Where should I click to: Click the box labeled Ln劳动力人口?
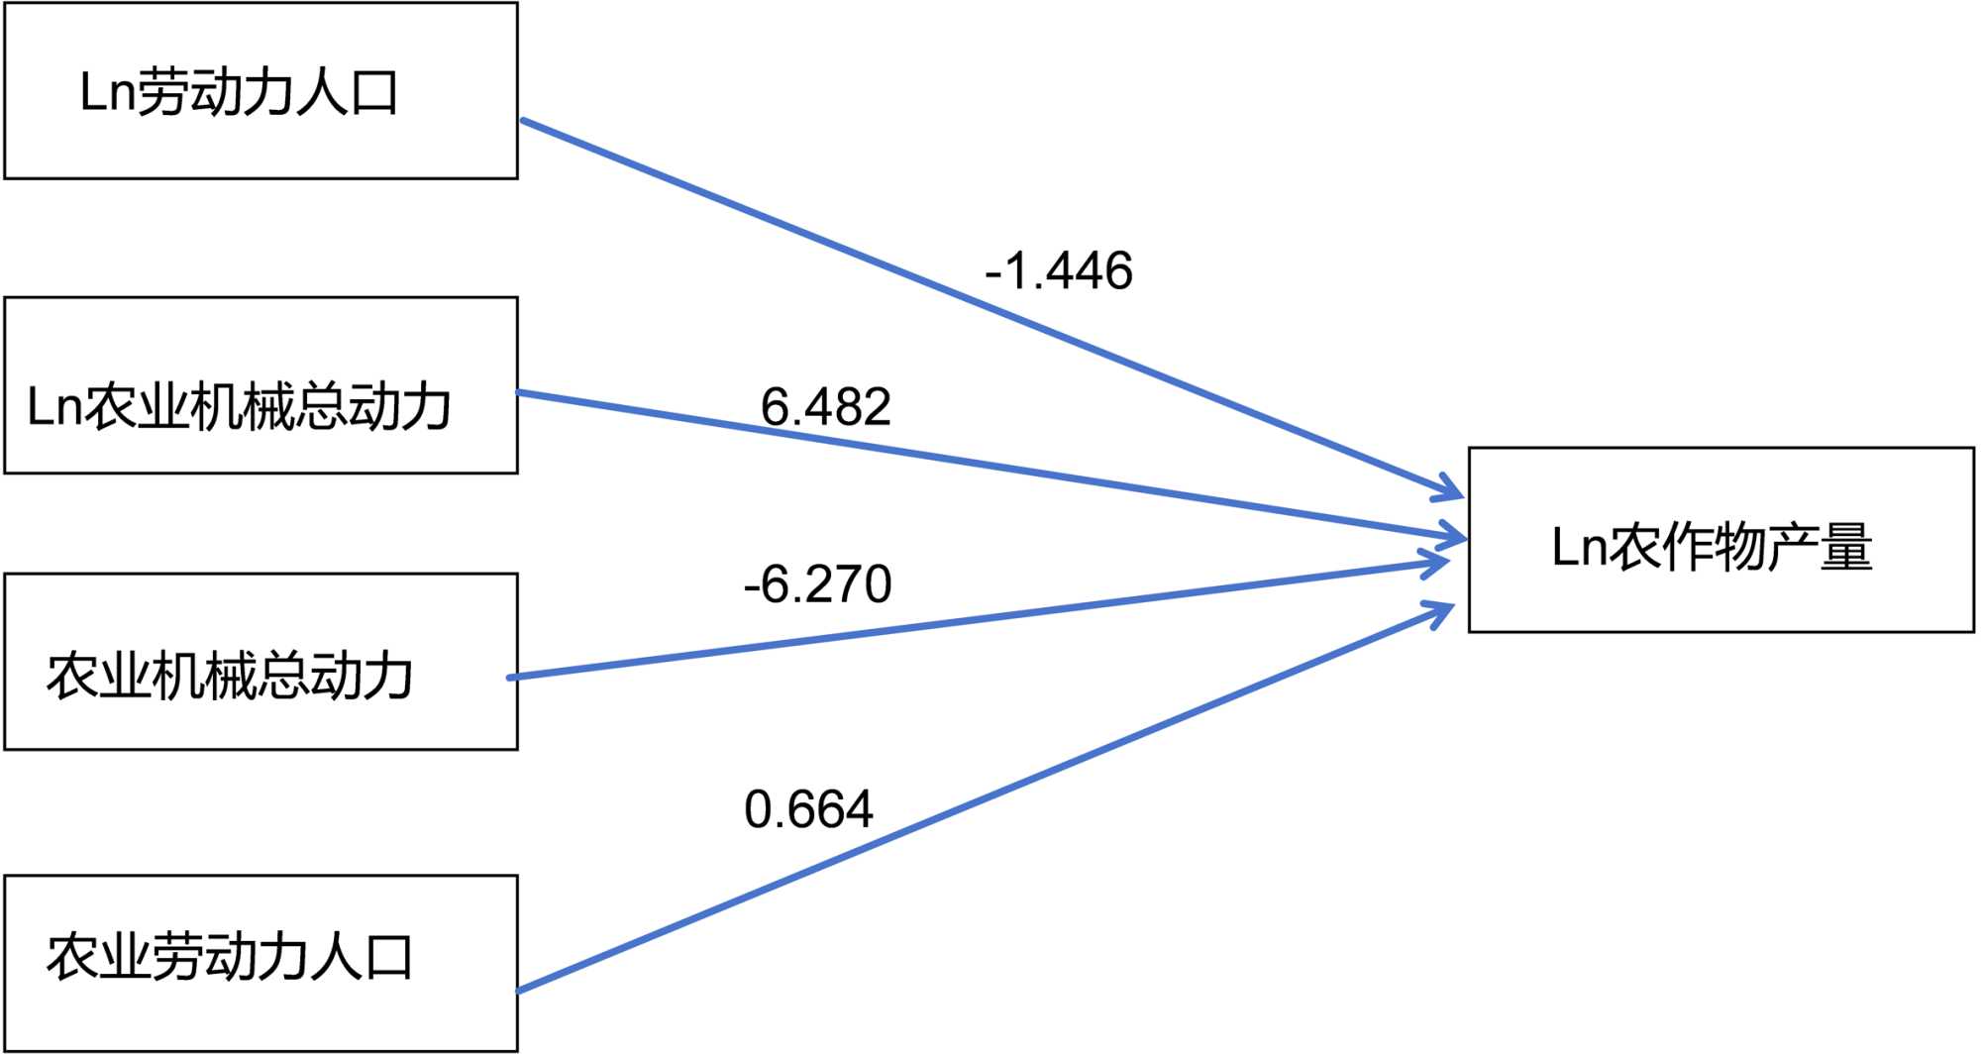click(x=261, y=91)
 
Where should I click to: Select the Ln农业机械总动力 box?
click(x=261, y=385)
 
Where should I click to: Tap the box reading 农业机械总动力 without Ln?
click(x=261, y=662)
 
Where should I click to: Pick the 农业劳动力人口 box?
click(x=261, y=963)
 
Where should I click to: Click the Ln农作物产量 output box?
click(x=1720, y=540)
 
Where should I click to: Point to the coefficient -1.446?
click(x=1059, y=271)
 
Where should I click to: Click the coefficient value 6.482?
click(x=825, y=407)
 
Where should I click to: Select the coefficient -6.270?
click(x=817, y=584)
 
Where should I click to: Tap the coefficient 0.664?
click(x=808, y=809)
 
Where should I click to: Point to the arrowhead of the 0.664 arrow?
click(x=1441, y=609)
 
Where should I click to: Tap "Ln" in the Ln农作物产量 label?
click(x=1577, y=547)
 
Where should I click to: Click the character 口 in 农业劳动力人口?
click(x=388, y=958)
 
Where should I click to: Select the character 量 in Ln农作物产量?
click(x=1845, y=547)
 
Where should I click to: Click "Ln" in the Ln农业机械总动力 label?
click(x=53, y=407)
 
